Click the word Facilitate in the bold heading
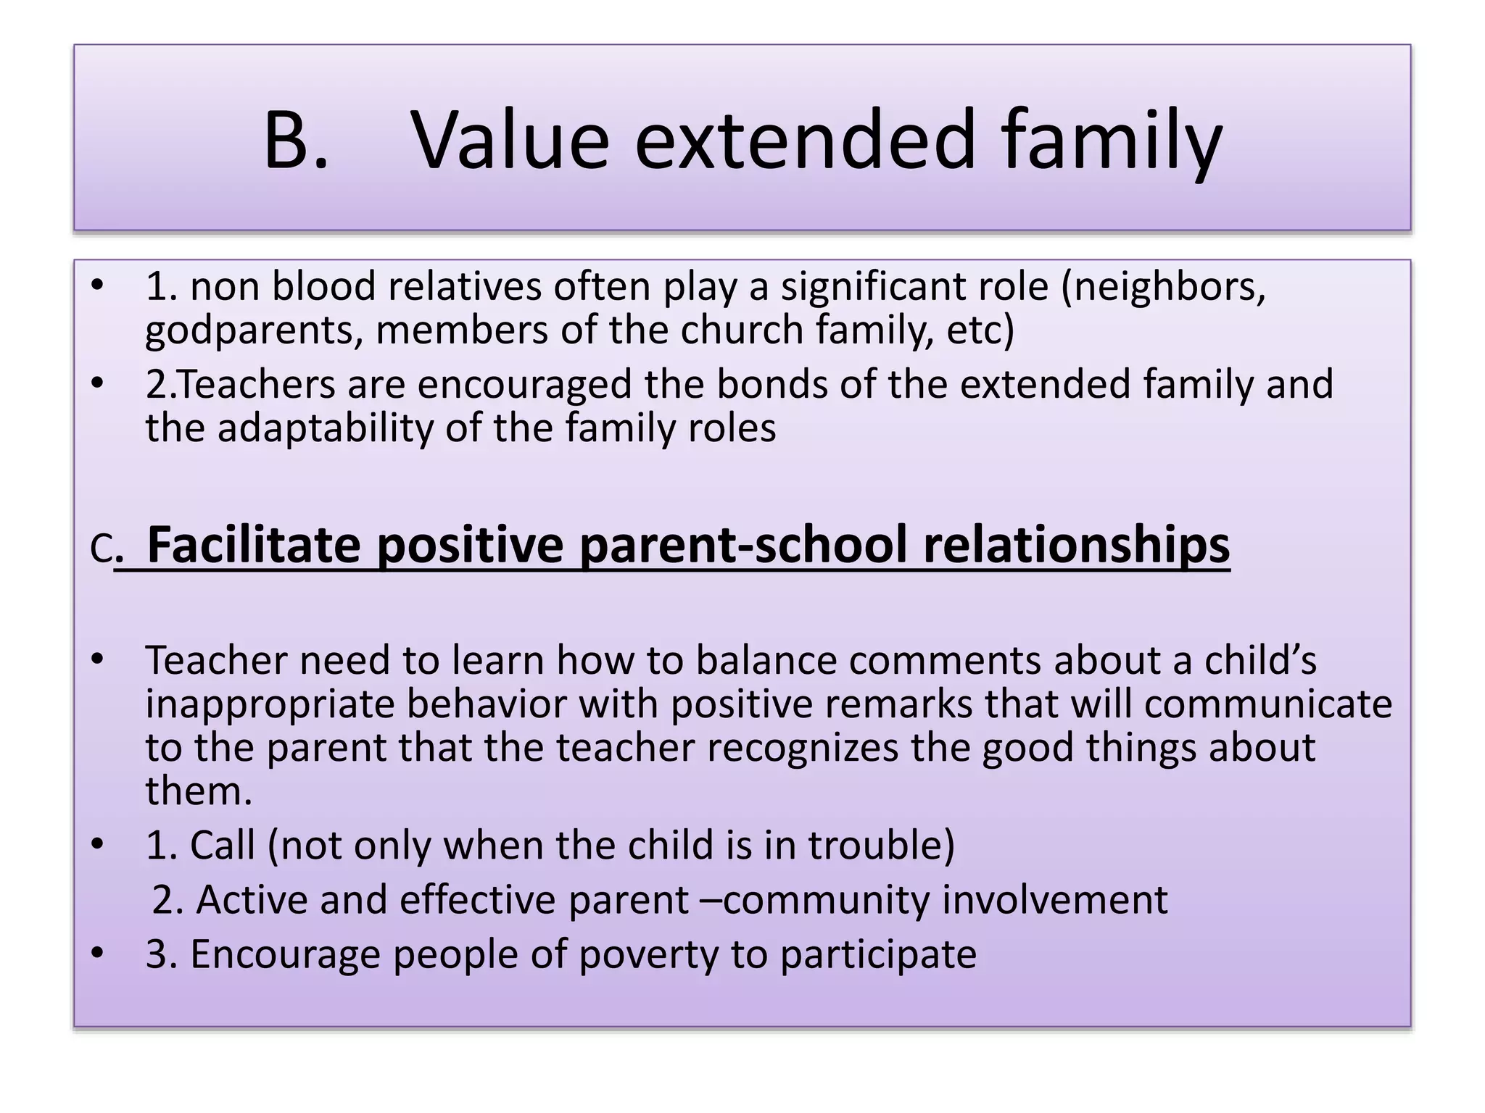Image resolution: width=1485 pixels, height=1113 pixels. pos(254,545)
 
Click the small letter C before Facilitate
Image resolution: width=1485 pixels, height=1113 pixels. pos(102,551)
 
